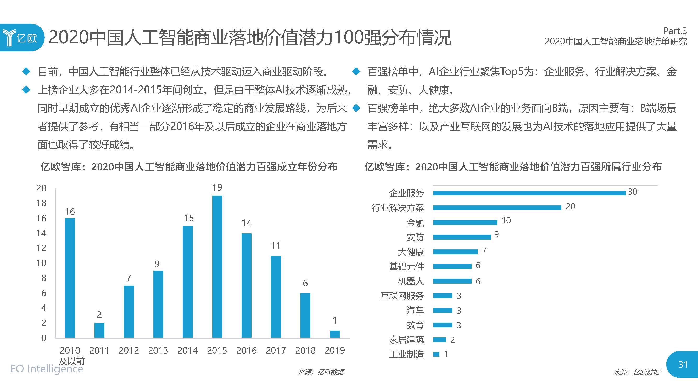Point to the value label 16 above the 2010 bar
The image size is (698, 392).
click(x=70, y=211)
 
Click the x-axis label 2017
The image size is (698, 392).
click(x=276, y=350)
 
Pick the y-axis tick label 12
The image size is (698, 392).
click(x=41, y=248)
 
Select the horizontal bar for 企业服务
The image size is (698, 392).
click(x=529, y=193)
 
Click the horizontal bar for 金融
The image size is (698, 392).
click(x=465, y=222)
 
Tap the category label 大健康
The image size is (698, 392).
click(x=411, y=252)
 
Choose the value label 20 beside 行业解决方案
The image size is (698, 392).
click(x=570, y=206)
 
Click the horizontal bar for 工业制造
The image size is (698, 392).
click(x=436, y=354)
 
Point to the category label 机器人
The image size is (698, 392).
click(x=411, y=281)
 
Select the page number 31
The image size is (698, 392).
click(x=683, y=364)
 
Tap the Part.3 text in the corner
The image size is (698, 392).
click(x=675, y=31)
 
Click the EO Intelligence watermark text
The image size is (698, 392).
click(x=47, y=369)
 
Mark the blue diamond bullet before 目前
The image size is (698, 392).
click(x=26, y=71)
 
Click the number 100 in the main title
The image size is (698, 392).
click(x=348, y=37)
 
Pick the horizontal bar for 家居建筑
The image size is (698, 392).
click(x=439, y=339)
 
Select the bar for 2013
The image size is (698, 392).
click(x=158, y=304)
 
